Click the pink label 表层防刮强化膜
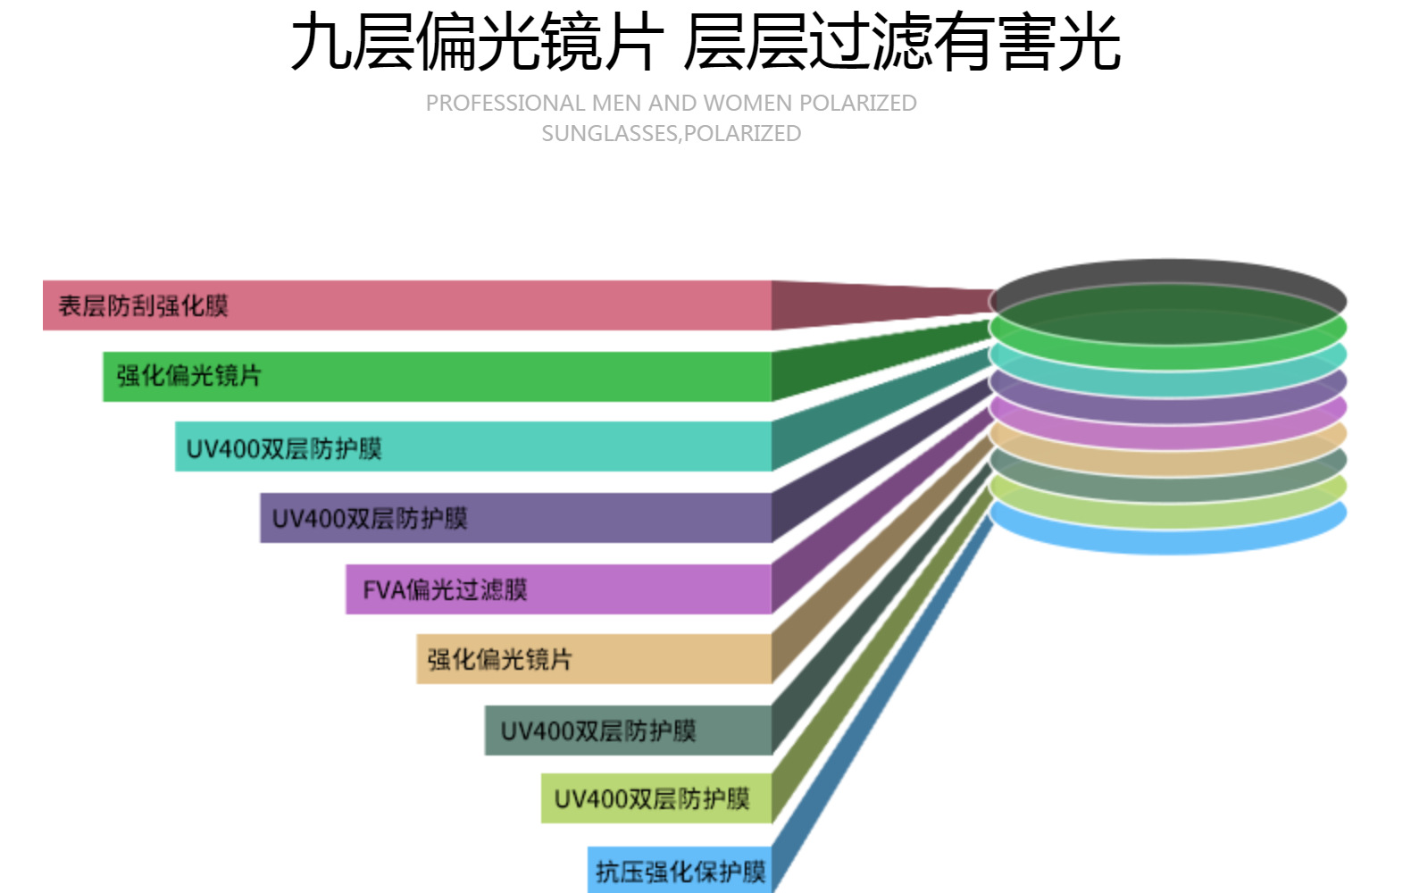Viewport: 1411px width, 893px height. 143,306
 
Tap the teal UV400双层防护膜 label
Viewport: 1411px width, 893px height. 284,448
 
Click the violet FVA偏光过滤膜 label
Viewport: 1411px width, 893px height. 445,589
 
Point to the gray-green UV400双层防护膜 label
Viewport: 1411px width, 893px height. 598,731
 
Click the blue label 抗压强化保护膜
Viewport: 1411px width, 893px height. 680,872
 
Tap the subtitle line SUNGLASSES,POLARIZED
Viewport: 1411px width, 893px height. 672,134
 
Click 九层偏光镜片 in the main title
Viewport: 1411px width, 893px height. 477,43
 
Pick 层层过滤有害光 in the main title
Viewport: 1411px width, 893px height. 902,43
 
